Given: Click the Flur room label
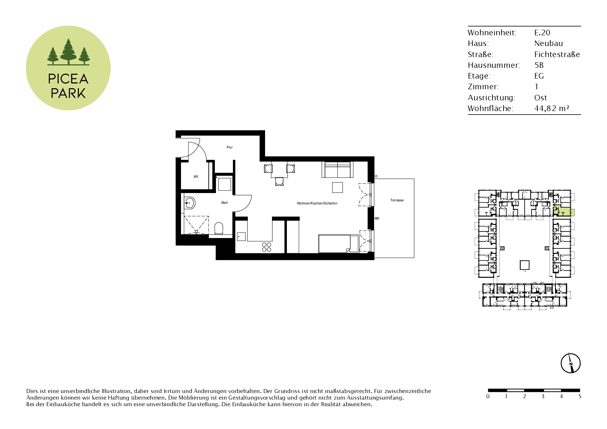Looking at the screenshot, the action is click(229, 147).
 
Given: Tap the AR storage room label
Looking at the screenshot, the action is click(196, 177).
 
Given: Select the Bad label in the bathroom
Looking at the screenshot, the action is click(225, 203).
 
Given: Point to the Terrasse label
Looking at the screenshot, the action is click(397, 200).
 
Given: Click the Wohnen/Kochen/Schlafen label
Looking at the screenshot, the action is click(317, 203).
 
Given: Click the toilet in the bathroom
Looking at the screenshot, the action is click(219, 228).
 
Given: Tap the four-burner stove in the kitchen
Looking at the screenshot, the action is click(266, 247).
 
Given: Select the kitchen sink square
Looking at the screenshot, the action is click(241, 237).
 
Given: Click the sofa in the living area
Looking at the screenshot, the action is click(338, 170).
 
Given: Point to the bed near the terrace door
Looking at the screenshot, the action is click(339, 244).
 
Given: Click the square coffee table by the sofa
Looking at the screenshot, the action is click(337, 187).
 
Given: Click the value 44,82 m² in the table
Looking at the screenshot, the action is click(552, 108).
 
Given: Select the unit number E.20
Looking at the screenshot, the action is click(542, 33).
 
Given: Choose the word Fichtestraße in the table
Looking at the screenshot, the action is click(557, 54).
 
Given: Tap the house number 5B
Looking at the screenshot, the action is click(539, 65).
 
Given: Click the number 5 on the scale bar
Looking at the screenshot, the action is click(580, 396).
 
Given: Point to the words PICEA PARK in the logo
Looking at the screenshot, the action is click(68, 86).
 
